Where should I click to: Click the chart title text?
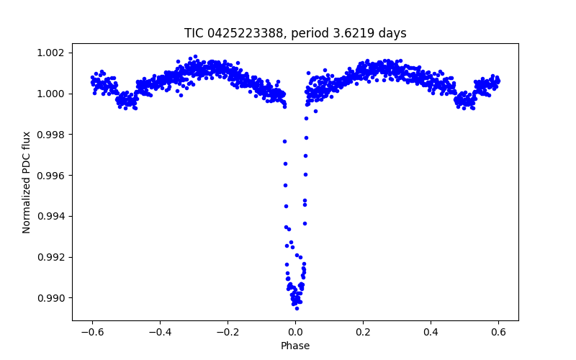[295, 33]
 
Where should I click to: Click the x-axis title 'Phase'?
[295, 346]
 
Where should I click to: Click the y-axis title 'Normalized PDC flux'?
[27, 181]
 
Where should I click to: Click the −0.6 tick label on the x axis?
[91, 332]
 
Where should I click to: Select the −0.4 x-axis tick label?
[159, 332]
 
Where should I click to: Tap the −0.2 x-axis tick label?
[227, 332]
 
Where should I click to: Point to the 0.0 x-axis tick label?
[295, 332]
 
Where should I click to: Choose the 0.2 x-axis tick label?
[363, 332]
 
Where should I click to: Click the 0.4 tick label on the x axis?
[431, 332]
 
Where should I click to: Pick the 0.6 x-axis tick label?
[498, 332]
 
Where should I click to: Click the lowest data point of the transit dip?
[297, 308]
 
